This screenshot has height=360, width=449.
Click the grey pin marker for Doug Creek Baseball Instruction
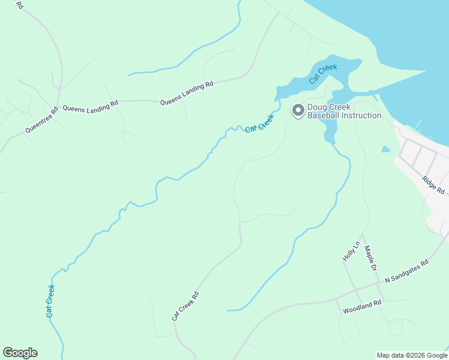click(x=297, y=110)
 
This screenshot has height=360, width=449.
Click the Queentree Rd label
click(x=41, y=120)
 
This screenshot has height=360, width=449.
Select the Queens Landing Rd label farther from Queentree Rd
click(x=187, y=94)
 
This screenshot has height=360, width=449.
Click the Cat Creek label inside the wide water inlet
click(x=323, y=73)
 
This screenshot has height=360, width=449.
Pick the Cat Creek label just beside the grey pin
click(x=259, y=123)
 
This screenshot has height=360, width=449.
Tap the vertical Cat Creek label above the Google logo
click(x=50, y=301)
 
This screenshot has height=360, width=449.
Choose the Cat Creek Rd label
click(x=185, y=306)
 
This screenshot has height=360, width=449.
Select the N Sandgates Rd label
click(x=406, y=271)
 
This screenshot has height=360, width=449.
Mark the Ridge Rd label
click(x=433, y=185)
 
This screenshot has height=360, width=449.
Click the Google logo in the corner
click(x=20, y=353)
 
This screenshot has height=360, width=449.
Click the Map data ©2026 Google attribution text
click(x=412, y=355)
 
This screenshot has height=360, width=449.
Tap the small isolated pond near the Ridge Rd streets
click(x=385, y=149)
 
